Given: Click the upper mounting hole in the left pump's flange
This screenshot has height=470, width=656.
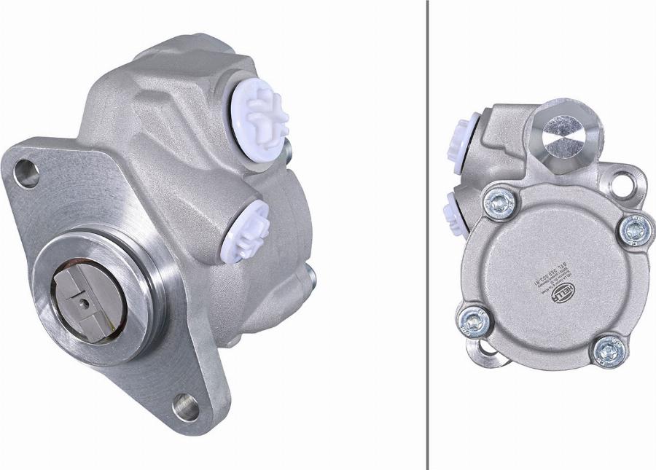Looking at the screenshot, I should (x=26, y=174).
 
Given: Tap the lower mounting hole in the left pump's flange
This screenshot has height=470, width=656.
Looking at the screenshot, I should (x=187, y=406).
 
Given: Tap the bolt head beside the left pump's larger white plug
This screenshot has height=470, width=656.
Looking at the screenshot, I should (x=289, y=149).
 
